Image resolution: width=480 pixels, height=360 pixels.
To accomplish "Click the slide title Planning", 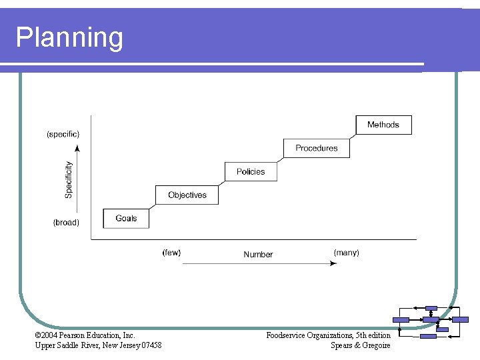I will point(69,37).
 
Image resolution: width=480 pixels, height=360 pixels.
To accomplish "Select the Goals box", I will point(126,219).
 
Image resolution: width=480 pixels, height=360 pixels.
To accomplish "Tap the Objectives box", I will point(187,195).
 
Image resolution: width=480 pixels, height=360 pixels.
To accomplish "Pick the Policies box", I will point(251,171).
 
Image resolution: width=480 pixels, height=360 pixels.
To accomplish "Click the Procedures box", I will point(317,148).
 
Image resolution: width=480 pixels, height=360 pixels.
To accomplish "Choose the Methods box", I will point(383,125).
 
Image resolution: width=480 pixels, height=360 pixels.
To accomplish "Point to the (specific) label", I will point(63,134).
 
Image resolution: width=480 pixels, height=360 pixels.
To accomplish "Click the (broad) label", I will point(66,223).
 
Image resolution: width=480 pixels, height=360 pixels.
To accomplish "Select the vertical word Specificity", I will point(69,179).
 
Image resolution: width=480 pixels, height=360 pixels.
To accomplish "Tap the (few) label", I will point(171,253).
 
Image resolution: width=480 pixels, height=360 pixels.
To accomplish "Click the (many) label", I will point(346,253).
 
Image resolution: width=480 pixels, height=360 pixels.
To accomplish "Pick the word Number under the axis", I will point(258,254).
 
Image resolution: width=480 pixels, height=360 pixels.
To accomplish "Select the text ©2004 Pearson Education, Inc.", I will point(85,335).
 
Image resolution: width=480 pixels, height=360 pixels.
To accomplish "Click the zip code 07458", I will point(151,345).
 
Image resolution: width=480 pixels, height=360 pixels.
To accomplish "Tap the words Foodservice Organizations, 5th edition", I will point(328,335).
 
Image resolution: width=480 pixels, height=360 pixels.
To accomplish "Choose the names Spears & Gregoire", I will point(360,345).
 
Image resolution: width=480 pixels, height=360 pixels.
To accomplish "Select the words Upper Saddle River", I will point(63,345).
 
